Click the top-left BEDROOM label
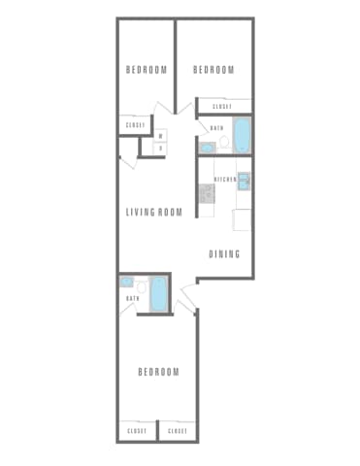147,69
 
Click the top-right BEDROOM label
213,69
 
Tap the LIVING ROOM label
154,212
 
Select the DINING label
224,254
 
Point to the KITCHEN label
225,180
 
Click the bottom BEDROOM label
157,373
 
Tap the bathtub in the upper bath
242,135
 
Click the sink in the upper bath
207,148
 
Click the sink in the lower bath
126,283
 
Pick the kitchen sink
244,181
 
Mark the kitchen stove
206,192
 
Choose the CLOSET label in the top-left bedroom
134,125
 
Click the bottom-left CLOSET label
136,430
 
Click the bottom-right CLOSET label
178,430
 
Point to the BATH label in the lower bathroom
132,299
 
